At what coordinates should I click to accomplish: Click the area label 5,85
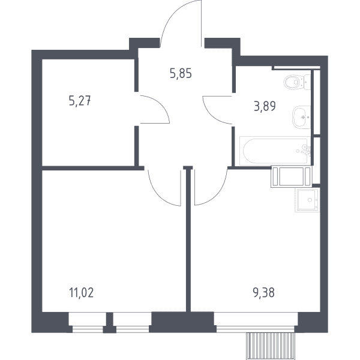point(181,74)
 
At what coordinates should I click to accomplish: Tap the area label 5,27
point(80,101)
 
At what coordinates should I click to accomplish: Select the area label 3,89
point(265,106)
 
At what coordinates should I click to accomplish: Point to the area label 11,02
point(81,293)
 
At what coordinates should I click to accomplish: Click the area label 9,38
point(264,293)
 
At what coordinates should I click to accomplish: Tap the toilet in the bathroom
point(297,82)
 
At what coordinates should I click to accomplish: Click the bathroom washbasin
point(301,117)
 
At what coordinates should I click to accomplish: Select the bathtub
point(275,151)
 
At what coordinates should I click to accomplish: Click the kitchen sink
point(307,200)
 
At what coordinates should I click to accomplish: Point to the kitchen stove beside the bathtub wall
point(292,176)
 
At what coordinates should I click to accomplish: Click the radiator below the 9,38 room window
point(270,346)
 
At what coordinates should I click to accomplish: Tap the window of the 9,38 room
point(256,322)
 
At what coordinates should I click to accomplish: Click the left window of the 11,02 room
point(88,322)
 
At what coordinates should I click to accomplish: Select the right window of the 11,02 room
point(132,322)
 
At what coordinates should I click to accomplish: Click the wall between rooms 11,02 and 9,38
point(188,239)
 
